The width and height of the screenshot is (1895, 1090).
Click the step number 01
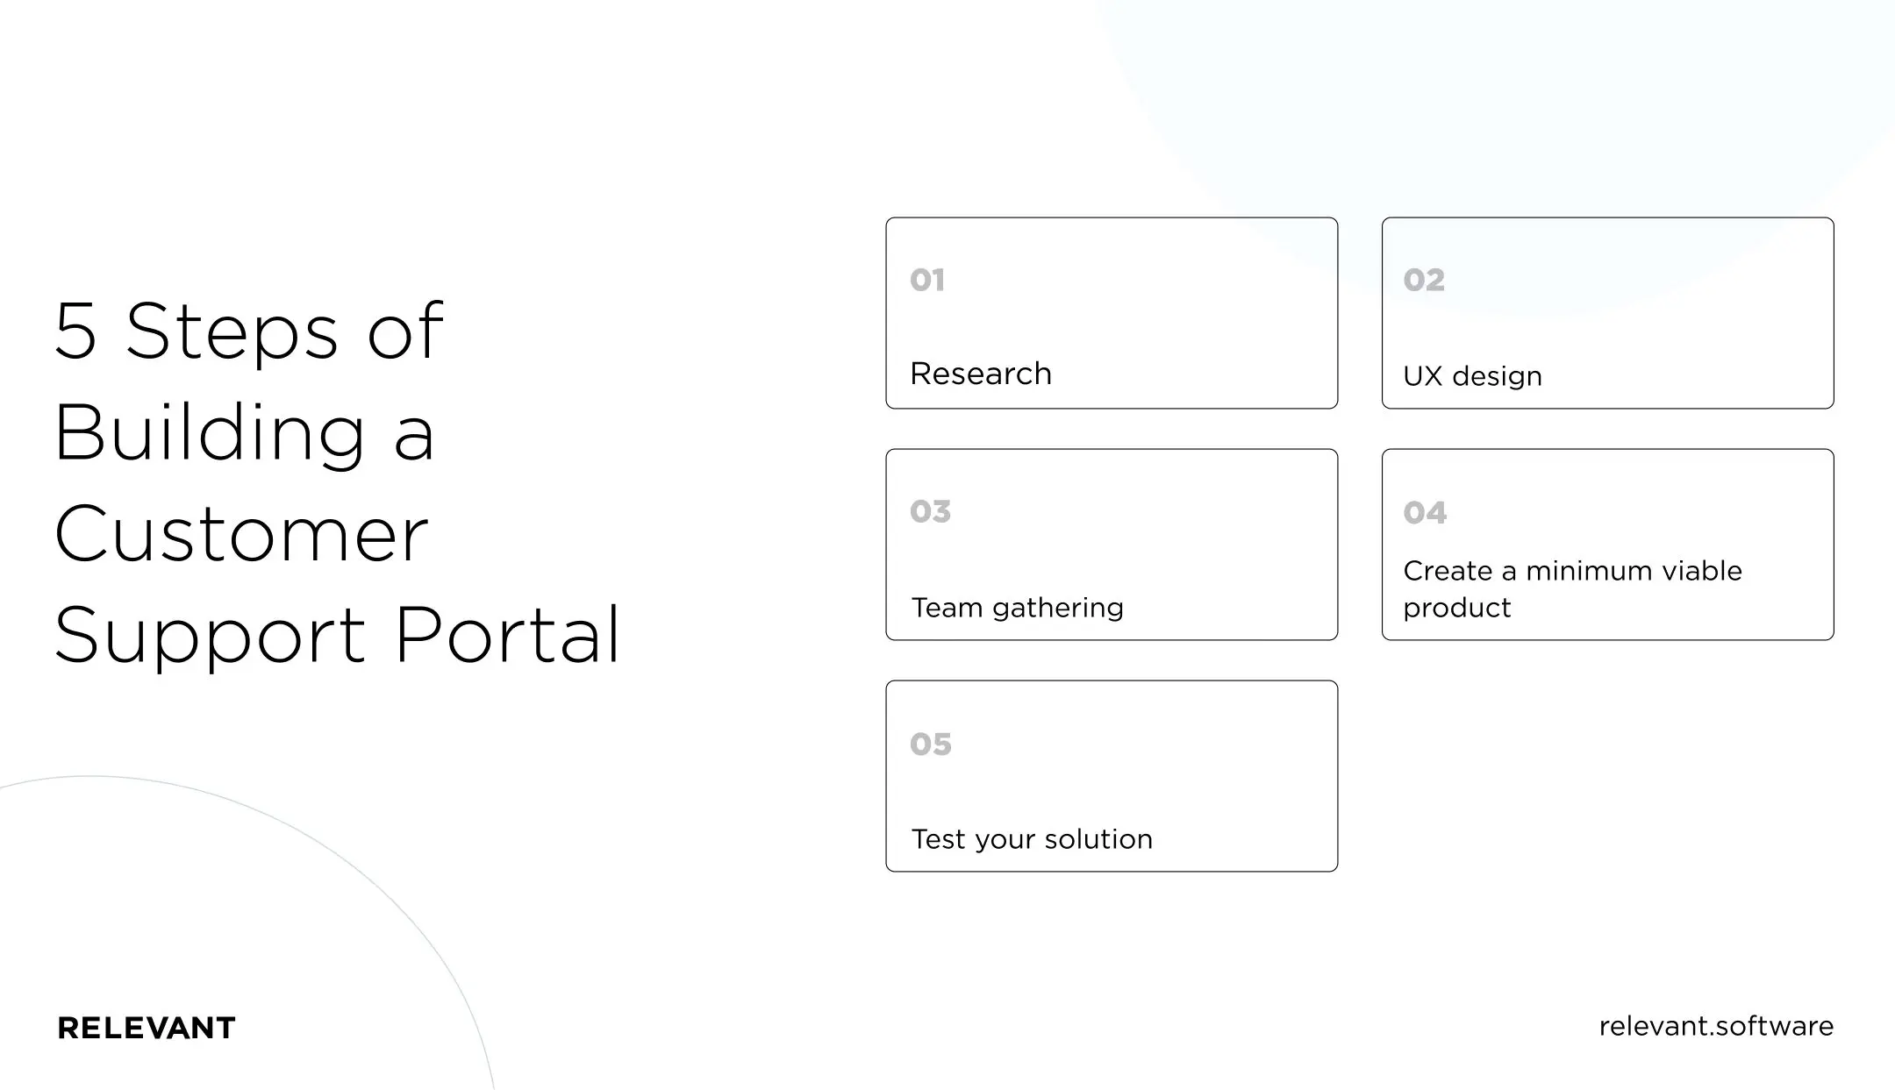(x=926, y=281)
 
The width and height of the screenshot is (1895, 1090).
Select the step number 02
(x=1423, y=281)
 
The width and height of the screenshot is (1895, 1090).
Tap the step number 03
(x=930, y=511)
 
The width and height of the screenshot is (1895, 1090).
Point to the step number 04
(x=1424, y=513)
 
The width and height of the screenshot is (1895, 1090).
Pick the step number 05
(x=930, y=744)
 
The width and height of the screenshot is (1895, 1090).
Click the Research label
(x=980, y=374)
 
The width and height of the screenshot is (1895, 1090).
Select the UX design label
(x=1471, y=376)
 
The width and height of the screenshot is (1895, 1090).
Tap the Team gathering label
(x=1017, y=608)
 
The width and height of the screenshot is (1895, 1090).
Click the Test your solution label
(x=1031, y=839)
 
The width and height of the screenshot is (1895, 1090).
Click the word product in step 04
(x=1456, y=608)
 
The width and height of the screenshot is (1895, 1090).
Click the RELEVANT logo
(x=147, y=1028)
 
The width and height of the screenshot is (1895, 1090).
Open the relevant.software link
(x=1715, y=1026)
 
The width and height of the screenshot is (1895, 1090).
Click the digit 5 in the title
(x=75, y=331)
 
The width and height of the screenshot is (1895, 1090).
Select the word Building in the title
(x=209, y=434)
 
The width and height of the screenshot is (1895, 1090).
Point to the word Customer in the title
(x=241, y=534)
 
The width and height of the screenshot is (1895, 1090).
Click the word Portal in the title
(x=507, y=635)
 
